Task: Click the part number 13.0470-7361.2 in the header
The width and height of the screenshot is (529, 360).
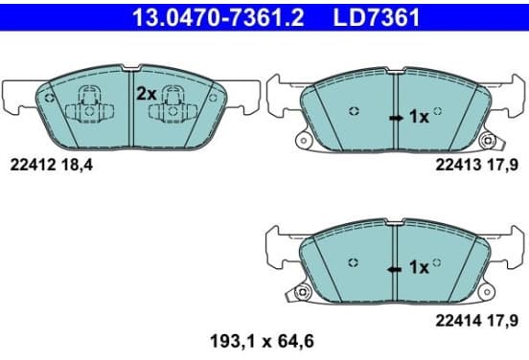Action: point(218,17)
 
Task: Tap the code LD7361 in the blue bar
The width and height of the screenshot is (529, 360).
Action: point(377,17)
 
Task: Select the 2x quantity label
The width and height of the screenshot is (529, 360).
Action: point(147,94)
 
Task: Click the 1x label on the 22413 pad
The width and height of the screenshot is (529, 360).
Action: point(419,117)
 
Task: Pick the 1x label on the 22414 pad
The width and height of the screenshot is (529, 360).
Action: point(419,268)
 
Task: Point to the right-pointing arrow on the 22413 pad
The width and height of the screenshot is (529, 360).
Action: point(396,118)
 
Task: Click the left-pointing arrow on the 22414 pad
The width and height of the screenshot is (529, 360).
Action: point(394,269)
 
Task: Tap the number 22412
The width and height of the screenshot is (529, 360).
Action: point(33,166)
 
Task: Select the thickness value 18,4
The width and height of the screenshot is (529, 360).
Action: point(77,166)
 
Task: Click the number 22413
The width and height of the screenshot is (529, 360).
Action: point(458,166)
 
